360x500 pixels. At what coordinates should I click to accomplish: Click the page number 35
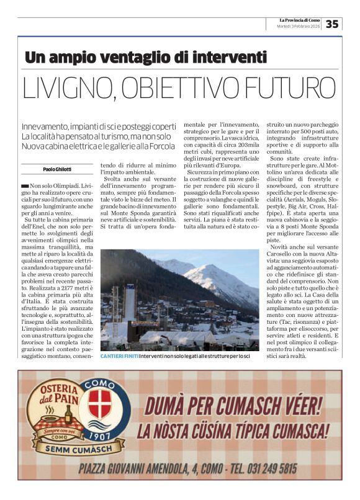(333, 24)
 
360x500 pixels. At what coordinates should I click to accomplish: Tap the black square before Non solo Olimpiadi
(24, 185)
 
